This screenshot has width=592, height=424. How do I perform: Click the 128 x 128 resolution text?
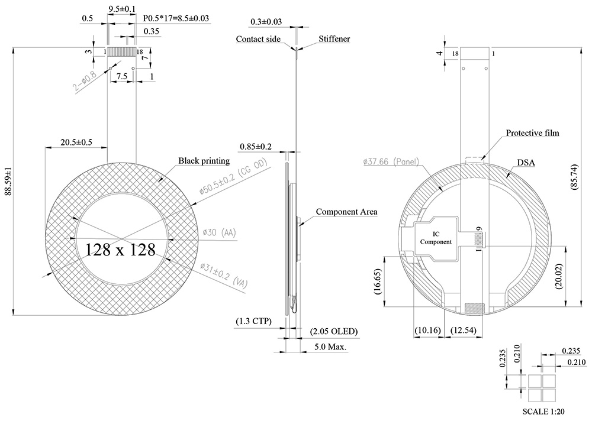[120, 249]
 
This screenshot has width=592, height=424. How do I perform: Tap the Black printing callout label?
[204, 161]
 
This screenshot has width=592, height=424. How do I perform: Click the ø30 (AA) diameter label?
[219, 233]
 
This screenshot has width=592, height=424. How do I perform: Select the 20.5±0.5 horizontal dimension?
[75, 142]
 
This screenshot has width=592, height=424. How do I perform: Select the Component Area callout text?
[346, 211]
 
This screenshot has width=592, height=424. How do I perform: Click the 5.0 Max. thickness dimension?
[330, 347]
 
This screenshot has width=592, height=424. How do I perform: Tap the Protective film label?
[532, 133]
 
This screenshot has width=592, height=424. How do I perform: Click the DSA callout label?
[526, 161]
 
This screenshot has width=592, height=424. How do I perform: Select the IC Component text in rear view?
[435, 238]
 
